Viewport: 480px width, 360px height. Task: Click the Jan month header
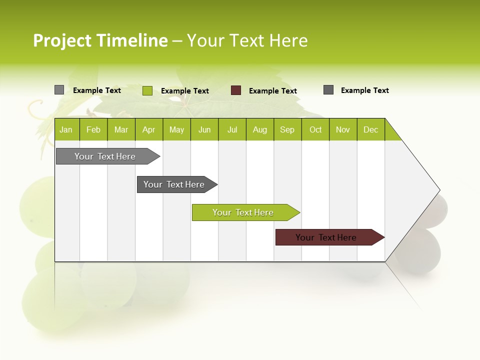(66, 129)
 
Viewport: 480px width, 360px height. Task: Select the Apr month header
(149, 129)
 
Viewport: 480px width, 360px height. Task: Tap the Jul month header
(232, 129)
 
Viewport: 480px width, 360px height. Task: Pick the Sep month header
(287, 129)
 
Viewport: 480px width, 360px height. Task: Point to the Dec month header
(370, 129)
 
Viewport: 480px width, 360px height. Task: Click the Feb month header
(93, 129)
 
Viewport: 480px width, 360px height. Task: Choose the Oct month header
(315, 129)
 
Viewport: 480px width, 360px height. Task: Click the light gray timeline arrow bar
(105, 156)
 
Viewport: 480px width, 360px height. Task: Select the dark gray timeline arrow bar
(174, 184)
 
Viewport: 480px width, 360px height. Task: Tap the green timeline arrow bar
(243, 212)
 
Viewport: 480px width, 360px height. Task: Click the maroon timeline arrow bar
(326, 237)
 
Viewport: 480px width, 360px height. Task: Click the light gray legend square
(59, 90)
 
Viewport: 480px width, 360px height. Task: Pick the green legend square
(147, 90)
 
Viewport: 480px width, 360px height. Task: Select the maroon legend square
(236, 90)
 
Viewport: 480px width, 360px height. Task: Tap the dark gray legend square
(328, 90)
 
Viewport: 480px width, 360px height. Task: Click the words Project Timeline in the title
(100, 40)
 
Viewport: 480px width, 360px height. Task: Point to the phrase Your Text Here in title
(247, 40)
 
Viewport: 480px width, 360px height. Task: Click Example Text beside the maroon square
(272, 91)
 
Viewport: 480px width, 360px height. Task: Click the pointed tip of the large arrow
(438, 190)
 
